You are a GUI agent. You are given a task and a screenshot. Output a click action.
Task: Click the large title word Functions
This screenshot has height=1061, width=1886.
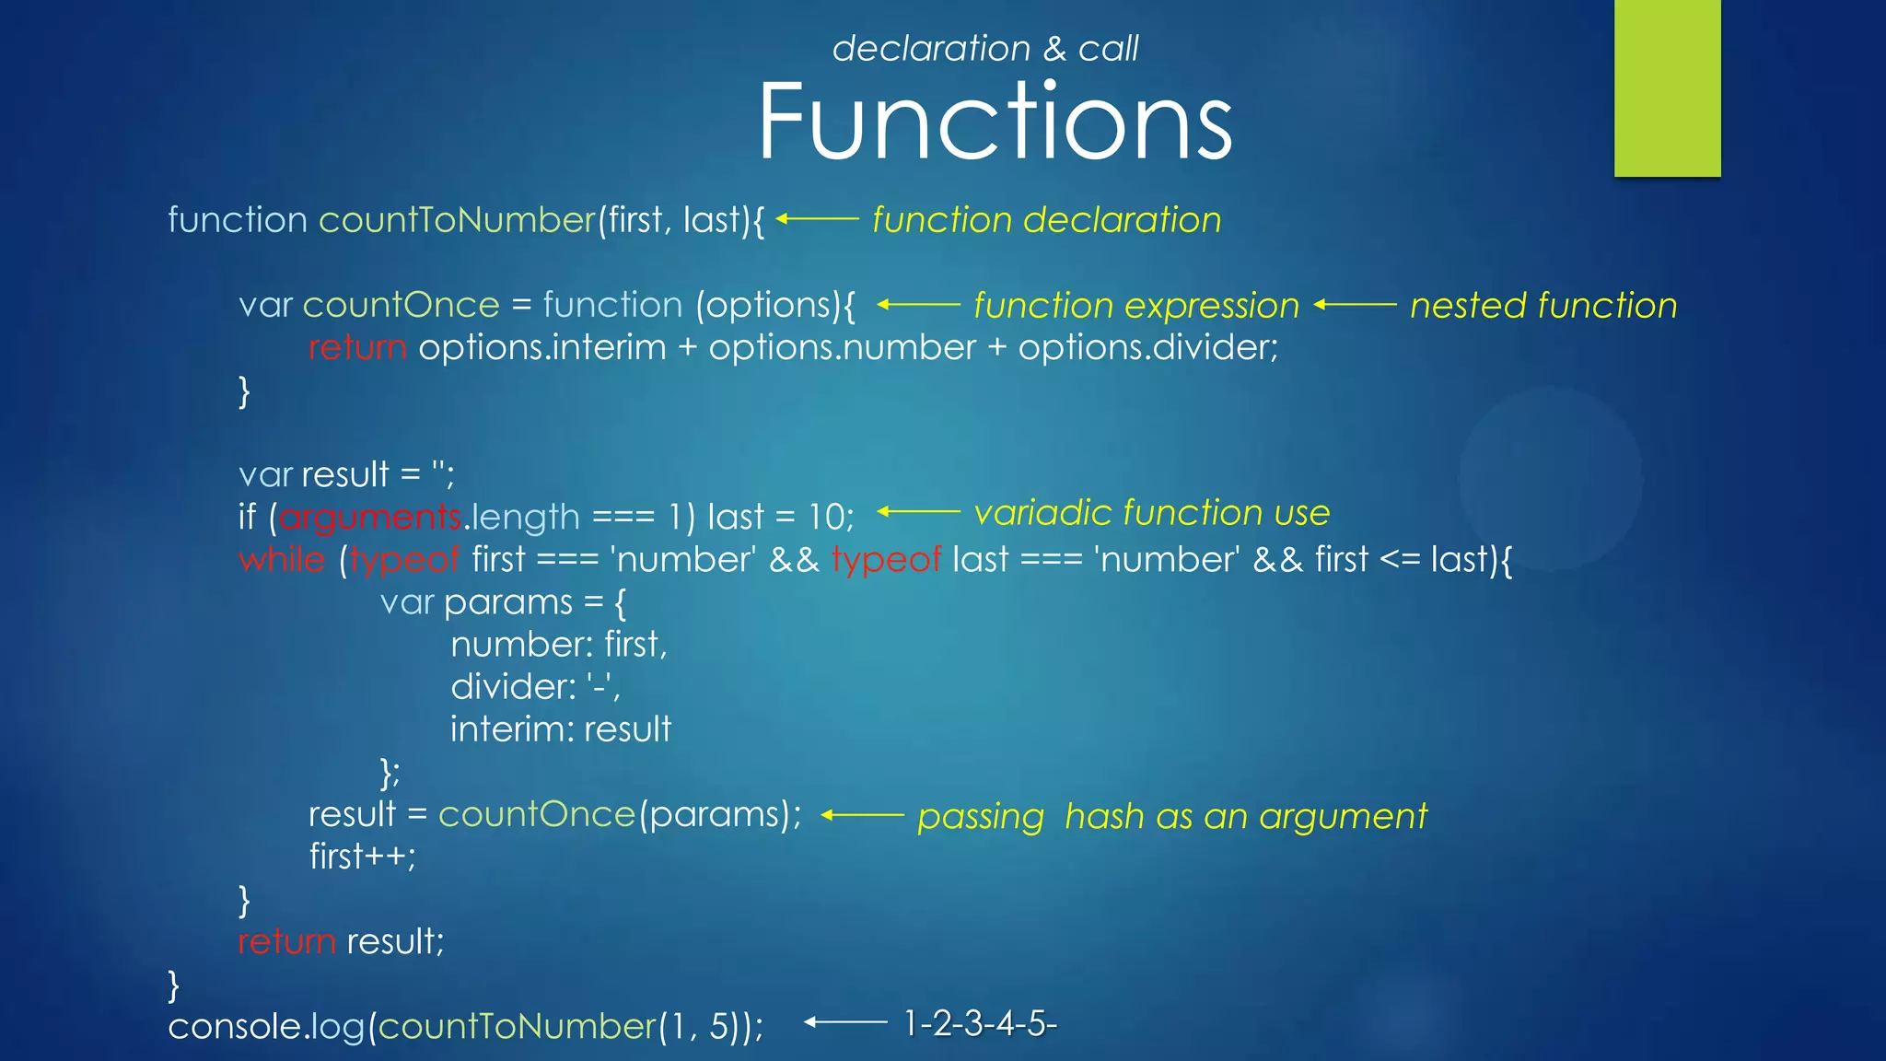pyautogui.click(x=995, y=122)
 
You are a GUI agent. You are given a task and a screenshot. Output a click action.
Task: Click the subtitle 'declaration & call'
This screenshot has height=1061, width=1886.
pyautogui.click(x=984, y=49)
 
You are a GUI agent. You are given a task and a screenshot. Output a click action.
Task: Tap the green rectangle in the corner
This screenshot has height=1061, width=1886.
pyautogui.click(x=1667, y=87)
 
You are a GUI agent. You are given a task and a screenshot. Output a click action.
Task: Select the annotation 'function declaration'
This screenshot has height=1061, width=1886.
pyautogui.click(x=1046, y=220)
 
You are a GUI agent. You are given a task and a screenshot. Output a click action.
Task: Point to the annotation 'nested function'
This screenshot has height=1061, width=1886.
pyautogui.click(x=1543, y=306)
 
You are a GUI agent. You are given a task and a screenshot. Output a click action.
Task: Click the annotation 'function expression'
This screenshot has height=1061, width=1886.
pyautogui.click(x=1135, y=306)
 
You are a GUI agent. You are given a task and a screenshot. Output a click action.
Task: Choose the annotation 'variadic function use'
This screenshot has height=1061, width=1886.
pyautogui.click(x=1151, y=513)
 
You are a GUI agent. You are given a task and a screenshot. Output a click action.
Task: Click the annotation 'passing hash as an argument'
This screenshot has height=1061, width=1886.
pyautogui.click(x=1171, y=817)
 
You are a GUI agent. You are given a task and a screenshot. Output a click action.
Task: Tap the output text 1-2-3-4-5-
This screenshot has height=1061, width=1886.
pyautogui.click(x=980, y=1023)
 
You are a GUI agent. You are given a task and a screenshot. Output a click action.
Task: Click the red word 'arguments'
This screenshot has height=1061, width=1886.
pyautogui.click(x=369, y=518)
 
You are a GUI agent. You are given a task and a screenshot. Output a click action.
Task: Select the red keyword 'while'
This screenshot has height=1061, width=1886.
pyautogui.click(x=282, y=560)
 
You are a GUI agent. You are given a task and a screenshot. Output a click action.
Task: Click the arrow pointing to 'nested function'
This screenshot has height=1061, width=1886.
pyautogui.click(x=1355, y=305)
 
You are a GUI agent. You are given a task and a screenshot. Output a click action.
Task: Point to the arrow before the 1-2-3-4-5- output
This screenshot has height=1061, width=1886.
pyautogui.click(x=844, y=1021)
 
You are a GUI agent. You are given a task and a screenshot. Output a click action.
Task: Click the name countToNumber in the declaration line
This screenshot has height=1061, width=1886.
pyautogui.click(x=458, y=220)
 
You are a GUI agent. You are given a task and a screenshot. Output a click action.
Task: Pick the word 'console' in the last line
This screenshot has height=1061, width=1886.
pyautogui.click(x=234, y=1027)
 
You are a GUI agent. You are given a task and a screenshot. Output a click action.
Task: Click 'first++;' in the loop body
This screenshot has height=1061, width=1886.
pyautogui.click(x=362, y=857)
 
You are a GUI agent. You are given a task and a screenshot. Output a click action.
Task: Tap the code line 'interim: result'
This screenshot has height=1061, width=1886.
pyautogui.click(x=560, y=729)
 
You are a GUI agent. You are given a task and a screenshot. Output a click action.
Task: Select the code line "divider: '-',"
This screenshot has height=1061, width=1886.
pyautogui.click(x=535, y=687)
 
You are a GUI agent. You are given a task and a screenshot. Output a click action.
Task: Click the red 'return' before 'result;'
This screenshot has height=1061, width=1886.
pyautogui.click(x=286, y=942)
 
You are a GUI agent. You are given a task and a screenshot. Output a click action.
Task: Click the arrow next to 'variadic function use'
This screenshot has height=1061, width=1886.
pyautogui.click(x=918, y=512)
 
